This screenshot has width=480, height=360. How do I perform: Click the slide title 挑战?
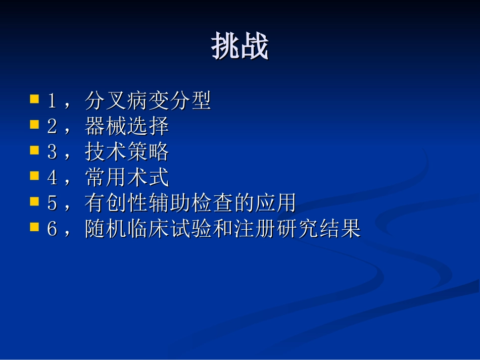239,47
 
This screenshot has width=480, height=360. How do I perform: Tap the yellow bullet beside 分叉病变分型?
35,98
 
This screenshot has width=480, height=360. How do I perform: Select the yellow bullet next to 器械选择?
35,124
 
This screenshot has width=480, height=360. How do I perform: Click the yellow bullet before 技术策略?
35,150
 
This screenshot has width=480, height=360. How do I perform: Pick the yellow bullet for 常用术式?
35,176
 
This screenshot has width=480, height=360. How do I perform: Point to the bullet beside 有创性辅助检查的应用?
35,201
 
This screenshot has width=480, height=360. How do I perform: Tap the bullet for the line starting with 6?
35,227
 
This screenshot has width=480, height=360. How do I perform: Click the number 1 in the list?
52,101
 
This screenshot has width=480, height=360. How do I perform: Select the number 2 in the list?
52,127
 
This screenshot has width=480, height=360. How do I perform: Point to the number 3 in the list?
52,152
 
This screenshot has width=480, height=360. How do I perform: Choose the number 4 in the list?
52,178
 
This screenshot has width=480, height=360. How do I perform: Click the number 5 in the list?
52,204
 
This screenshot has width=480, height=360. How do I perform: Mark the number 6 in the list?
52,230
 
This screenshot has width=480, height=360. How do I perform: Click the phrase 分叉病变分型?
148,101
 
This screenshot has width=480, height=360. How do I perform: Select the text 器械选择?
127,127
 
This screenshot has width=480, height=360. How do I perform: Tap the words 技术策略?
127,152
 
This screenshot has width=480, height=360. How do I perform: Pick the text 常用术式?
127,178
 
